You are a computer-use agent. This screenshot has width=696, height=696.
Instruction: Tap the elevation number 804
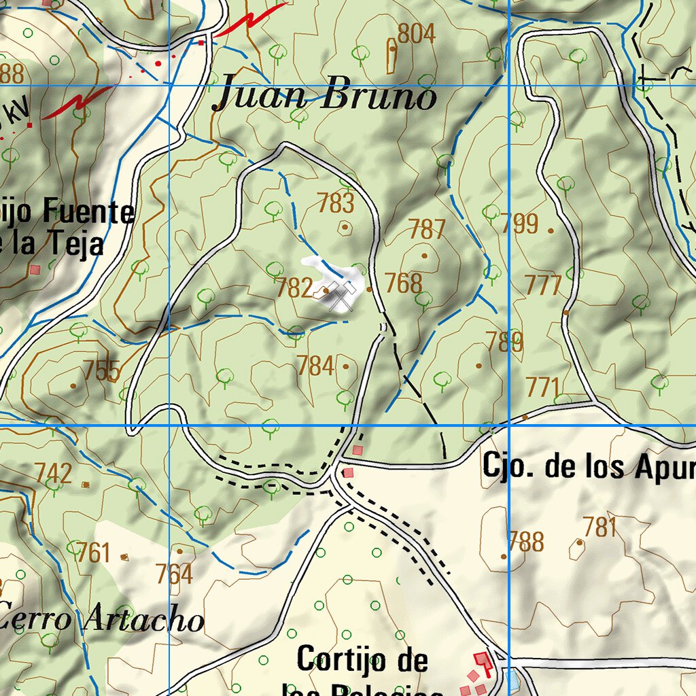click(x=416, y=34)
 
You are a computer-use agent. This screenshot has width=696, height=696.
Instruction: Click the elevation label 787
click(x=427, y=230)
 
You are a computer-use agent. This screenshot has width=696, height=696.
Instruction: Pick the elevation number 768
click(x=404, y=283)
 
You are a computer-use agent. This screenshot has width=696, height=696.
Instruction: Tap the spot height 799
click(x=520, y=224)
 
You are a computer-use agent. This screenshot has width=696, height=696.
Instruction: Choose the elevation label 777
click(x=544, y=285)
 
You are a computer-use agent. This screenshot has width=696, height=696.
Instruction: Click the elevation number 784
click(x=315, y=366)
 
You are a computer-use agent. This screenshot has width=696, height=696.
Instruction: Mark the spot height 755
click(x=102, y=371)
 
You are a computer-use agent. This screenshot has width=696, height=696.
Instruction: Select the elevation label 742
click(x=54, y=473)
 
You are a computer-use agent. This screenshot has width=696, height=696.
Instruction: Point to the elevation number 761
click(x=92, y=553)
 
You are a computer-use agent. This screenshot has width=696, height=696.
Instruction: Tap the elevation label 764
click(x=174, y=574)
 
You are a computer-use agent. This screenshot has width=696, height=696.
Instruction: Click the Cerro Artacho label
click(x=102, y=619)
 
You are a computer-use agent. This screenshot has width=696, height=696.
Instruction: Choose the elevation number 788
click(x=526, y=542)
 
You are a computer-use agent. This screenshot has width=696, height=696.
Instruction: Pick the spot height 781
click(x=599, y=527)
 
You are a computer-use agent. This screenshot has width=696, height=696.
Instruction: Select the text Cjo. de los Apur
click(x=589, y=466)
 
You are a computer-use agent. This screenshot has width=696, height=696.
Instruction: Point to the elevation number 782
click(x=294, y=288)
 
